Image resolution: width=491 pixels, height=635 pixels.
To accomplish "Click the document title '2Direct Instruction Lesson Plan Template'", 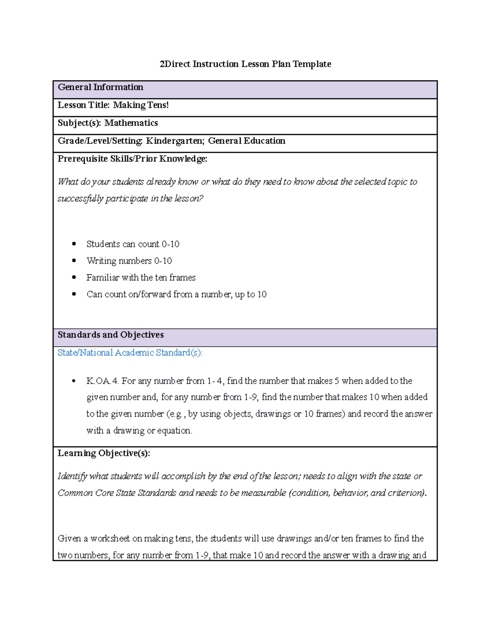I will (245, 64).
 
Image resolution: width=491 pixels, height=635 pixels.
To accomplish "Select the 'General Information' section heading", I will (100, 87).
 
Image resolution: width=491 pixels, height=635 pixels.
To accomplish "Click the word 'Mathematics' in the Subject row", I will (131, 123).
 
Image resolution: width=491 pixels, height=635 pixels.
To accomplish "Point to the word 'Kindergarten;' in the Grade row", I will (175, 141).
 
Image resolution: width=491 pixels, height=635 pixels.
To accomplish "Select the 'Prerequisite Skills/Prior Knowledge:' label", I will (132, 159).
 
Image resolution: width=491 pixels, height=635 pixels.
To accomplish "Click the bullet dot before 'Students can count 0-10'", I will (74, 244).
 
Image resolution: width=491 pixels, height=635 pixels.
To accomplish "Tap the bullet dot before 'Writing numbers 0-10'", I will (74, 261).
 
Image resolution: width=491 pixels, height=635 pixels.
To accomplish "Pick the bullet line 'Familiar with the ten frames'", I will (141, 278).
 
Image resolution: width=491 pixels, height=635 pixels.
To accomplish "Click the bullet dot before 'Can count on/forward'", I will (74, 294).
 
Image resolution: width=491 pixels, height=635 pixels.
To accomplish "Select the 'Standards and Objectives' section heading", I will (110, 335).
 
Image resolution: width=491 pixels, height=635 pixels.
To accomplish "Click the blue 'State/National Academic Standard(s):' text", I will (130, 353).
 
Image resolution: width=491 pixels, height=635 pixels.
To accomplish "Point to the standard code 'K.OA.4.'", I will (102, 381).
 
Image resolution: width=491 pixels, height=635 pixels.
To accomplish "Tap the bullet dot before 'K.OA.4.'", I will (74, 381).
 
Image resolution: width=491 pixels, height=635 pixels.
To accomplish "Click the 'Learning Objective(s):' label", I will (104, 453).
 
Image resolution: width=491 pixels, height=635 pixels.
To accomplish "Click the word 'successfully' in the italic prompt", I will (80, 199).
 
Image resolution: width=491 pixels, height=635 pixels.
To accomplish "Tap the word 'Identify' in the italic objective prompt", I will (72, 476).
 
